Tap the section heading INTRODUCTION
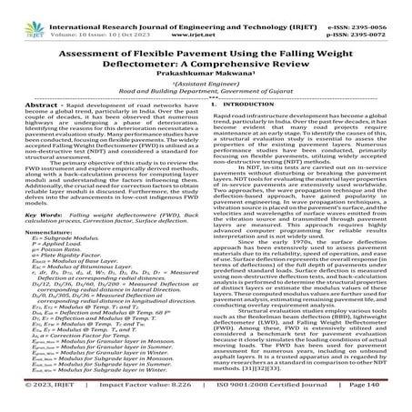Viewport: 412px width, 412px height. [x=257, y=104]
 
